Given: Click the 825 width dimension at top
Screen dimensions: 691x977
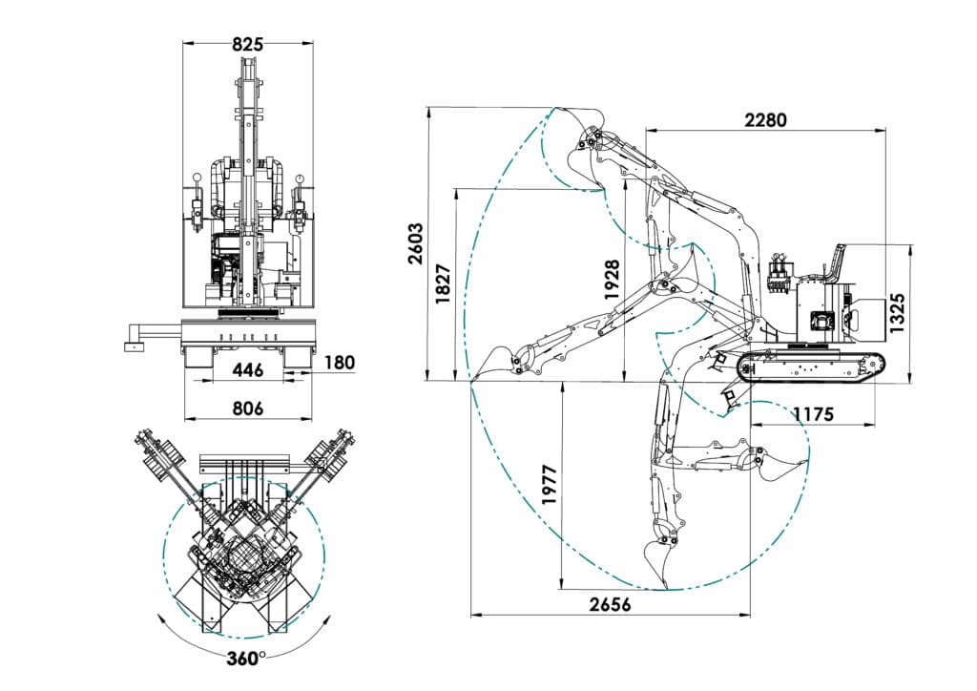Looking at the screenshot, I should [247, 43].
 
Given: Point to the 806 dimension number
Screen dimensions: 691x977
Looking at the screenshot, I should [247, 408].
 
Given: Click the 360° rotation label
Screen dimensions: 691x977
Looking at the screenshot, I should [246, 659].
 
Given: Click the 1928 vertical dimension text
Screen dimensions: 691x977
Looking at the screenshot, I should [613, 281].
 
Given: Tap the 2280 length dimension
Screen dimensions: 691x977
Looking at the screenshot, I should [765, 120].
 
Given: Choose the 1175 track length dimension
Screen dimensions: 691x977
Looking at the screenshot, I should [812, 414].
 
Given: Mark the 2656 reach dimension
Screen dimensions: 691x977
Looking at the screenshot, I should [611, 604].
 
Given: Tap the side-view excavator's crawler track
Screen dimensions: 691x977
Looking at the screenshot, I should [811, 367].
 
